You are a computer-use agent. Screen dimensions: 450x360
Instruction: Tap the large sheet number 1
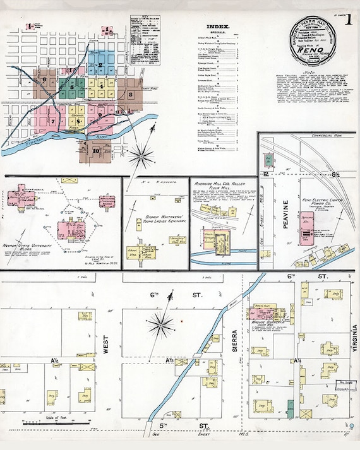(348, 20)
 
